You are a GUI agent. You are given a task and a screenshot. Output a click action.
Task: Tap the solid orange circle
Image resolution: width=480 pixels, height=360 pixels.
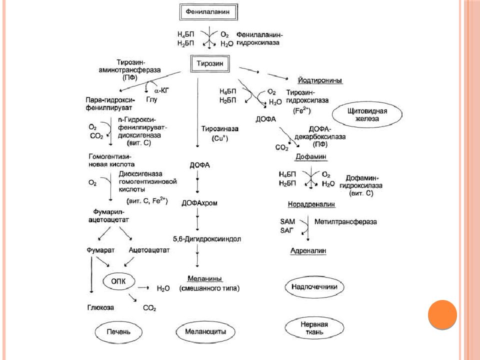442,314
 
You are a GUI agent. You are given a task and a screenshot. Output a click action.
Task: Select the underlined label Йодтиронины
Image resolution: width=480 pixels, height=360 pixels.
320,80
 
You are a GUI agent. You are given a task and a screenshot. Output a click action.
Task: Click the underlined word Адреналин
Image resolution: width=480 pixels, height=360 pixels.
308,250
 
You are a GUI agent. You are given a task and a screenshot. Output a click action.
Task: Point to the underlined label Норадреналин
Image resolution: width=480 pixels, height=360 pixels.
311,204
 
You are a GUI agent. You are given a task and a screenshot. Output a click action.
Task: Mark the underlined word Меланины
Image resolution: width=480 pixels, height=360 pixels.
205,278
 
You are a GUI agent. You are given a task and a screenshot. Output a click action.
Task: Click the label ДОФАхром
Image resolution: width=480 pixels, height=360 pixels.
199,203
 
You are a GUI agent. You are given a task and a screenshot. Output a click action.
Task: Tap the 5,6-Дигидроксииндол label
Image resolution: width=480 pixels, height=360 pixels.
207,239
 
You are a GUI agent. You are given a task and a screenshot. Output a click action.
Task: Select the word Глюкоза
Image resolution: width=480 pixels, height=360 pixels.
100,307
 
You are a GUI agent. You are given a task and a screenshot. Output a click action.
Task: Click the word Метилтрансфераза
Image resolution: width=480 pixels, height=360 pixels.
345,221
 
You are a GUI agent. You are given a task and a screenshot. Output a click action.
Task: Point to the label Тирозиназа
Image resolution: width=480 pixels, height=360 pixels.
220,129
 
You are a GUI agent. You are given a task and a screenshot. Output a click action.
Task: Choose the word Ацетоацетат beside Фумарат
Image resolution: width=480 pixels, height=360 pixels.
149,250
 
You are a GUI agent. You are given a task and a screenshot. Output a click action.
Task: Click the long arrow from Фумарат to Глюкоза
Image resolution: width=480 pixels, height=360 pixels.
91,275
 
